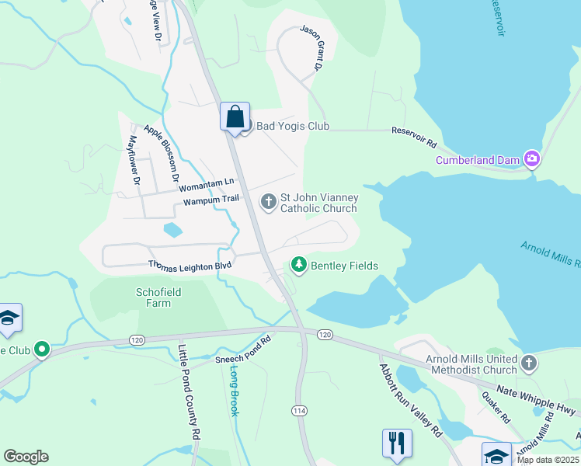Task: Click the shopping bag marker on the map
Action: [235, 118]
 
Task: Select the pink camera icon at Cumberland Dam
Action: [532, 160]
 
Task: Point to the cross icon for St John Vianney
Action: [269, 202]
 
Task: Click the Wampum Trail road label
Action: [210, 201]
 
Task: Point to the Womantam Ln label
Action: [207, 183]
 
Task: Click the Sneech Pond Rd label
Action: [243, 350]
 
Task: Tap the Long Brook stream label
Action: [233, 390]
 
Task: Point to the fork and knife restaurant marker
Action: [397, 443]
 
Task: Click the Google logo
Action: [26, 456]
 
